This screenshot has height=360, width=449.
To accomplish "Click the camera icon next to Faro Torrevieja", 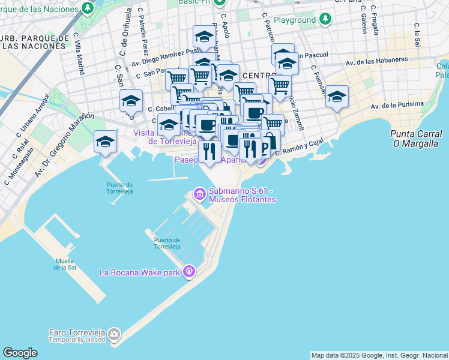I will pos(114,334).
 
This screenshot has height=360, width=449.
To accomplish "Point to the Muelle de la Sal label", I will pos(65,264).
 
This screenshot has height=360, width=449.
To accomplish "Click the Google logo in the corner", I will pos(20,353).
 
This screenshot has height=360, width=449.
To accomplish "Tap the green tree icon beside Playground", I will pos(325,20).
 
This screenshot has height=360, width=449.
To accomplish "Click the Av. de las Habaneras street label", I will pos(377,61).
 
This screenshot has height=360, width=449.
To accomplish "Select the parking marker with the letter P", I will pos(268,142).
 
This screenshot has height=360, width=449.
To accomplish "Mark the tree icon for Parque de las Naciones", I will pos(88,8).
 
